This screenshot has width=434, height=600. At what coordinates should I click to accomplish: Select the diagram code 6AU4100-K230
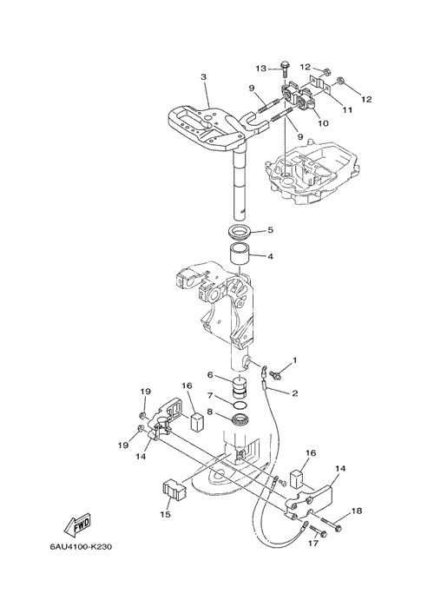pyautogui.click(x=81, y=547)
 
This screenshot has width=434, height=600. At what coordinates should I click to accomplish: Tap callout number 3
pyautogui.click(x=203, y=77)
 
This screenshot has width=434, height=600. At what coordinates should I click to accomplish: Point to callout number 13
pyautogui.click(x=260, y=69)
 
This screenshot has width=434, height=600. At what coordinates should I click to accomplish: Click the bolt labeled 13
pyautogui.click(x=286, y=69)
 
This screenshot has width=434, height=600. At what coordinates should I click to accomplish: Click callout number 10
pyautogui.click(x=323, y=123)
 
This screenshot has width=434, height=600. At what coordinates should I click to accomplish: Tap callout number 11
pyautogui.click(x=347, y=109)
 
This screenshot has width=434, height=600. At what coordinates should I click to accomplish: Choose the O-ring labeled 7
pyautogui.click(x=240, y=405)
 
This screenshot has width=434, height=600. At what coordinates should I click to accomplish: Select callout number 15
pyautogui.click(x=166, y=515)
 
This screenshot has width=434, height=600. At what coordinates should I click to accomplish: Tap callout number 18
pyautogui.click(x=357, y=511)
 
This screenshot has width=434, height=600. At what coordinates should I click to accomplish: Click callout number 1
pyautogui.click(x=294, y=360)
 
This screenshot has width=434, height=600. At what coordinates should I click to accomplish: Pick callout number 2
pyautogui.click(x=294, y=393)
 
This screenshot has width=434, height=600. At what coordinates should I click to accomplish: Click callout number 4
pyautogui.click(x=270, y=256)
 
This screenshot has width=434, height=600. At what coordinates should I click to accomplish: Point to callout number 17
pyautogui.click(x=313, y=543)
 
